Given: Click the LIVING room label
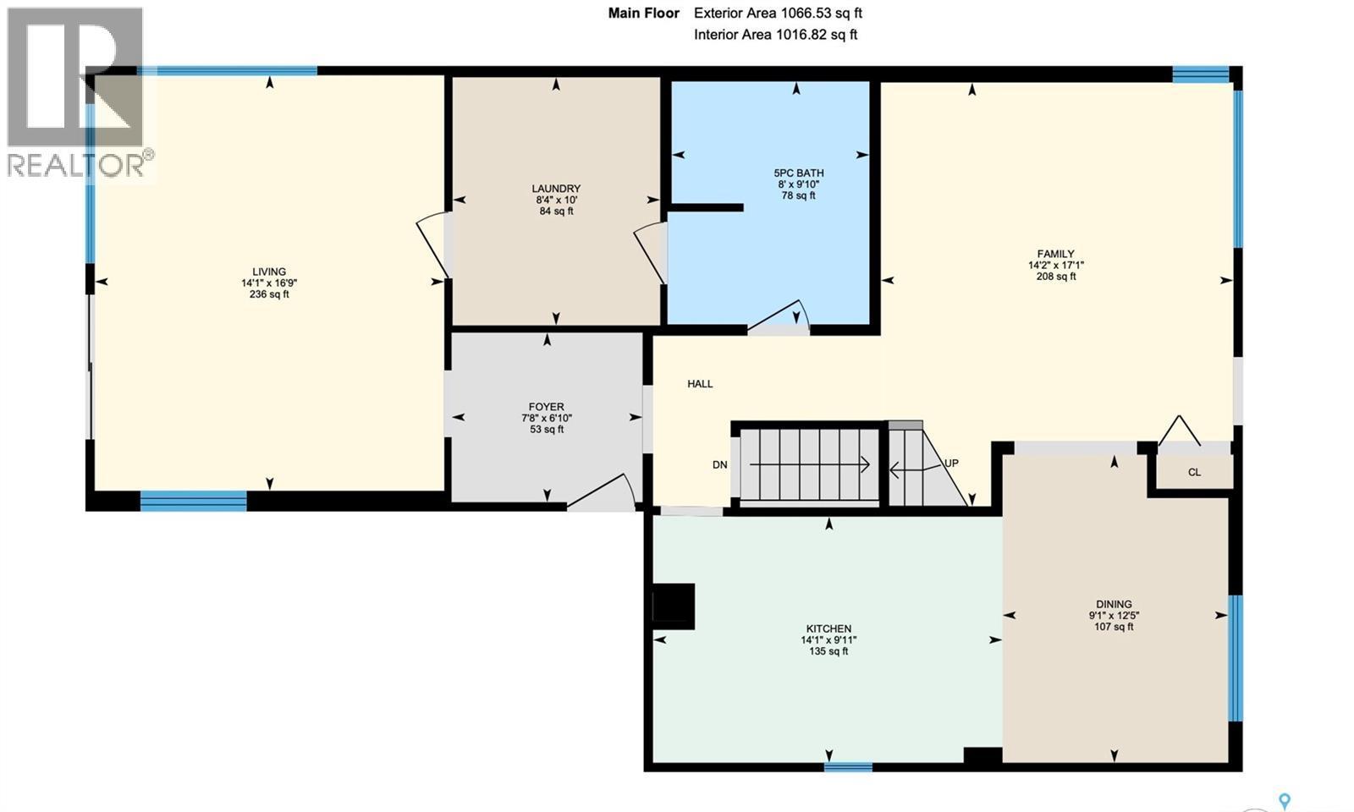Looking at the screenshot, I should coord(269,272).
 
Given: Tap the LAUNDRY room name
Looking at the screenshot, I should coord(556,189).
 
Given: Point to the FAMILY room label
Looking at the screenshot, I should coord(1055,254).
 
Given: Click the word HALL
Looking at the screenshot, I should coord(700,384).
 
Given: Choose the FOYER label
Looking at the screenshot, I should coord(547,407).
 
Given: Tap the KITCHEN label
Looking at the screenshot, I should coord(828,628).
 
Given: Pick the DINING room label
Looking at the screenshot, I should coord(1114,604).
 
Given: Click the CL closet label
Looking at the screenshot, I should coord(1194,473).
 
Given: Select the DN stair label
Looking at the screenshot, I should coord(719,465).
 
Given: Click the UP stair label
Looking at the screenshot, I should coord(951,464).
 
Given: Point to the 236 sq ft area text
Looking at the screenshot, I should coord(269,295).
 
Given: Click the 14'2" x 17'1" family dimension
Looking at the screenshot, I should coord(1055,265).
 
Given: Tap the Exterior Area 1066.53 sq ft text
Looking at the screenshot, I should coord(778,13).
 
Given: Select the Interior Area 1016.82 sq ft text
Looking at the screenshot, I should coord(775,35).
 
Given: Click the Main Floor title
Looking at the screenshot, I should coord(643,13).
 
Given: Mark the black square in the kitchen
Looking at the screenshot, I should coord(674,606).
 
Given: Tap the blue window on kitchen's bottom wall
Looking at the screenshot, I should coord(848,767).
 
